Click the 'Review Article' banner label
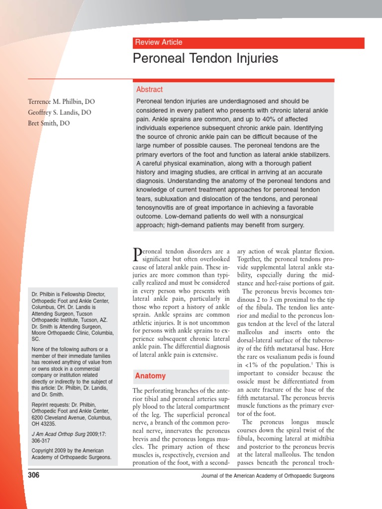(x=159, y=43)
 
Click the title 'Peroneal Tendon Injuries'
(x=205, y=59)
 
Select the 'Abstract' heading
(x=149, y=89)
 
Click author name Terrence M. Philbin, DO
(x=61, y=101)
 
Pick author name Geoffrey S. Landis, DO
(x=59, y=112)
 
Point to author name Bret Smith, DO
(x=49, y=123)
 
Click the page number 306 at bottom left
(x=33, y=475)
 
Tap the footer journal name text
(x=268, y=476)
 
